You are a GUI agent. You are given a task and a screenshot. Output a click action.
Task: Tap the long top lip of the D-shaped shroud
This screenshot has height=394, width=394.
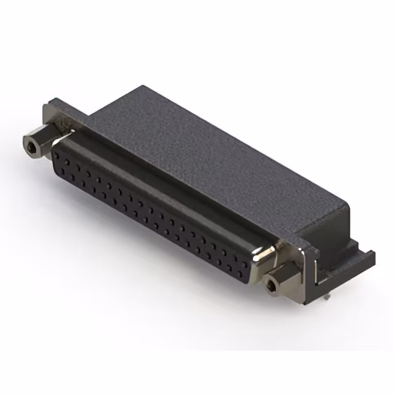click(x=166, y=179)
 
